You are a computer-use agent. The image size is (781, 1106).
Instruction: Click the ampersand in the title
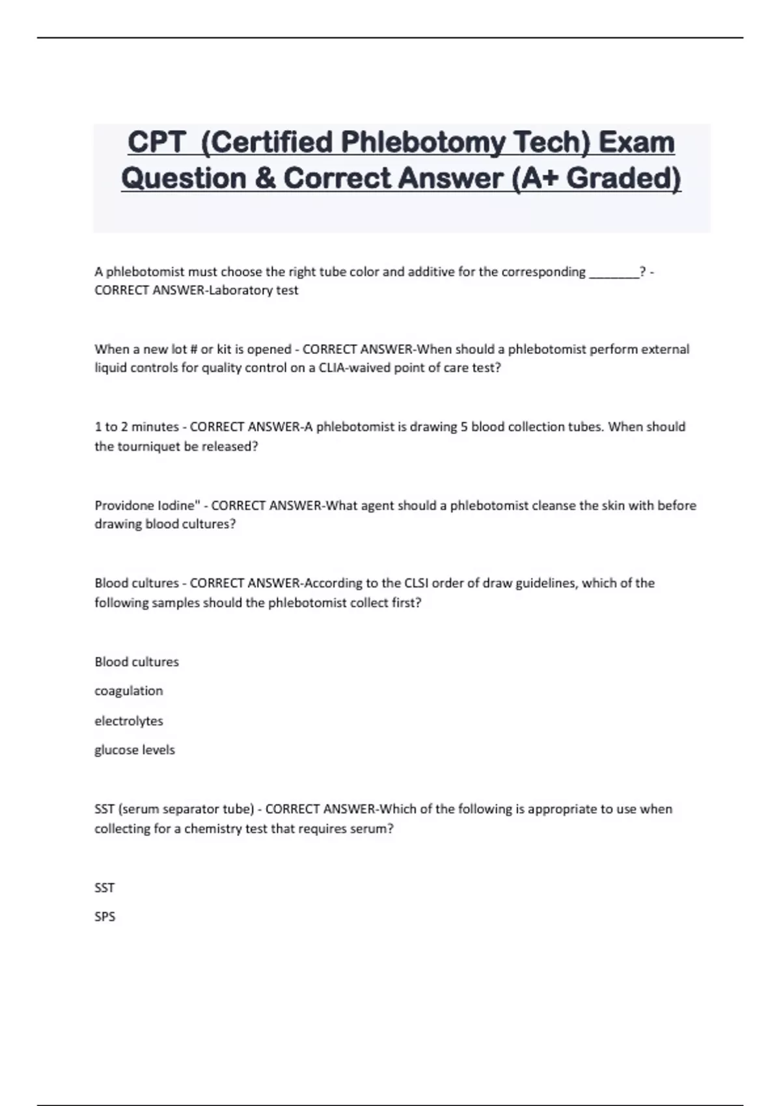click(265, 178)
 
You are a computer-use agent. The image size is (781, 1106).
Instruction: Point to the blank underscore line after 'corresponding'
click(614, 272)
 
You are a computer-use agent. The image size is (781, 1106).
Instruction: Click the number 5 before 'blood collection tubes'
click(464, 427)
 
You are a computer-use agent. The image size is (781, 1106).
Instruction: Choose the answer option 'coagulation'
click(129, 691)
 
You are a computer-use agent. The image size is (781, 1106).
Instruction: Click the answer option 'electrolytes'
click(129, 721)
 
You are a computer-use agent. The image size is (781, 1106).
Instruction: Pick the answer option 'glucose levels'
click(135, 749)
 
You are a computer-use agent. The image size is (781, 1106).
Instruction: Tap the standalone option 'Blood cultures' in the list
click(137, 662)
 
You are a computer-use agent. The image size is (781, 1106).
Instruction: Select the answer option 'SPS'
click(105, 917)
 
